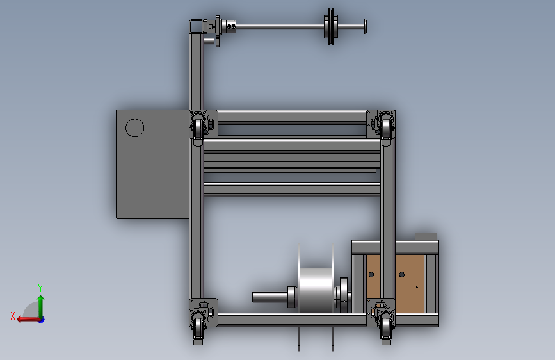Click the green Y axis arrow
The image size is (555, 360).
click(x=41, y=306)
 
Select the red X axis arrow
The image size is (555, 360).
click(x=28, y=320)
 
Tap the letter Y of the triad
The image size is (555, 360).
click(x=40, y=288)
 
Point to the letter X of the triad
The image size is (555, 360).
click(x=13, y=316)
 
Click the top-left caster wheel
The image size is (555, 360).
click(x=198, y=127)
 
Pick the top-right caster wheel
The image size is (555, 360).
click(x=386, y=127)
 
